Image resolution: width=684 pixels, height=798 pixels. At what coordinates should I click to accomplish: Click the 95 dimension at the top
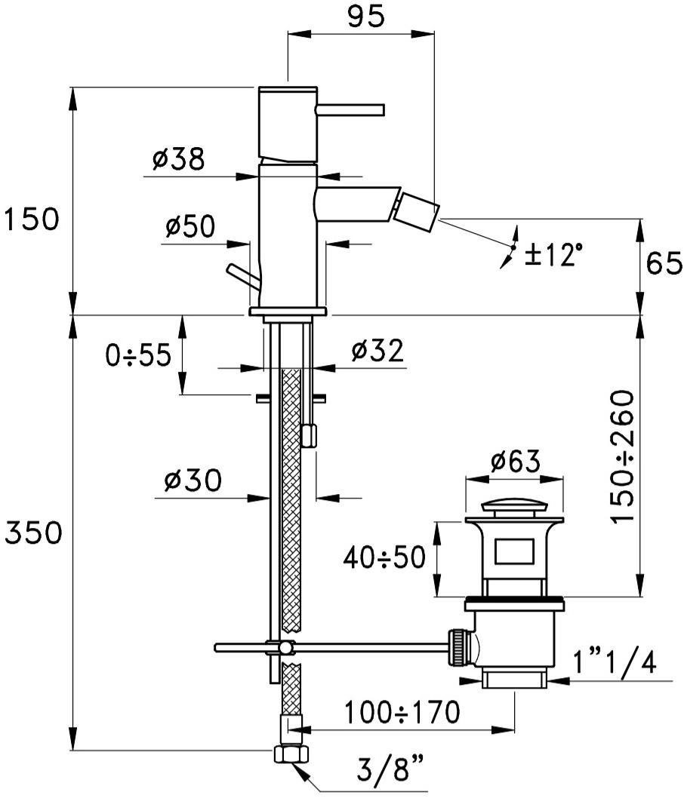(x=365, y=17)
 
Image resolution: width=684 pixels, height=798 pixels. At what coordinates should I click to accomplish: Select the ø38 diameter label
(x=178, y=159)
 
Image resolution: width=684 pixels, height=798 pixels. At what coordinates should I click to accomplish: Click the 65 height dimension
(x=664, y=263)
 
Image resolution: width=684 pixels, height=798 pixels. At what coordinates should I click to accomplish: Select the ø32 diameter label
(x=377, y=351)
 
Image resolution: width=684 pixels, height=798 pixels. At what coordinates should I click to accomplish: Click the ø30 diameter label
(x=193, y=480)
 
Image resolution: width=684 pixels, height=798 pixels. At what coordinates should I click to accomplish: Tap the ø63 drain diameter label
(x=515, y=462)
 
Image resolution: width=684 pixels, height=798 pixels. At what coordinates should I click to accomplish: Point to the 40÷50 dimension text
(x=384, y=557)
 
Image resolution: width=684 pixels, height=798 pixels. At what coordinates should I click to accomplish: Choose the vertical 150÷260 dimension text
(x=623, y=456)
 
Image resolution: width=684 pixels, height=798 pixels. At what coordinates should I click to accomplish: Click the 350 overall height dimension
(x=33, y=533)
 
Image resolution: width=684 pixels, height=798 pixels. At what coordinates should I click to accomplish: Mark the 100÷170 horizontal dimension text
(x=402, y=712)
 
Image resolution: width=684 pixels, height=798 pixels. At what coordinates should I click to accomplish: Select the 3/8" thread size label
(x=390, y=770)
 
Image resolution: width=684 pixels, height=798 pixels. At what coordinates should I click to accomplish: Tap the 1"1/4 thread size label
(x=615, y=662)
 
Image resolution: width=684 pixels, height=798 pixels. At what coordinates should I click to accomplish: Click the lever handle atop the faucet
(x=350, y=110)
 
